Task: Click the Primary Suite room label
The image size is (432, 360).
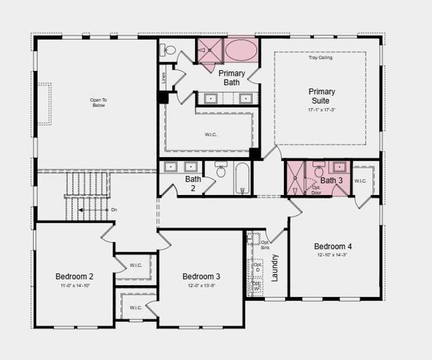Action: [322, 96]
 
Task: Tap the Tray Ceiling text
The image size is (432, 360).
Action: [321, 58]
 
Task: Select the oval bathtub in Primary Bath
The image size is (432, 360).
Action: [240, 50]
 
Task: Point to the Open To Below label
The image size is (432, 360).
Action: [98, 103]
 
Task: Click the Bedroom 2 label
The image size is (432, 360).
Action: [74, 276]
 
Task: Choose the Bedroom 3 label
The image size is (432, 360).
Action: [201, 276]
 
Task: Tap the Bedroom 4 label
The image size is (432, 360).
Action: [333, 246]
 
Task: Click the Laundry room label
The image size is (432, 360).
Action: [275, 268]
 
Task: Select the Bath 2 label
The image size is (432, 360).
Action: [193, 183]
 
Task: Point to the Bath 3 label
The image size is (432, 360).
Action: [331, 180]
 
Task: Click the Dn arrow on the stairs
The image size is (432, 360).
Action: [81, 210]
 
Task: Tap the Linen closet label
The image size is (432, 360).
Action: [162, 77]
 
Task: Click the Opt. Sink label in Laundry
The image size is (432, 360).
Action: [265, 244]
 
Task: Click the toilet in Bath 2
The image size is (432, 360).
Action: [220, 172]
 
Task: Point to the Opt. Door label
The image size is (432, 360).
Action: [316, 190]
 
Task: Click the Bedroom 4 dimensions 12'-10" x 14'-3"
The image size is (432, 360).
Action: [333, 255]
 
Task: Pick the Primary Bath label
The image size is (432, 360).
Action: [232, 77]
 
